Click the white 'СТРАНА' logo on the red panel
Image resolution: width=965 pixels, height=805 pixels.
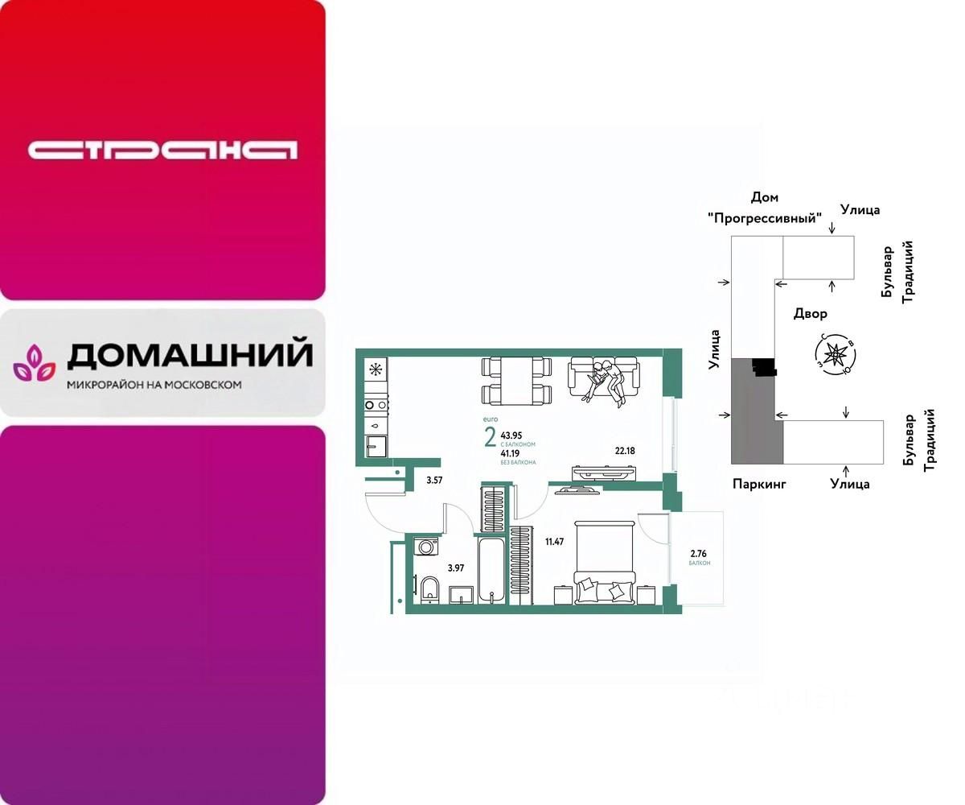162,151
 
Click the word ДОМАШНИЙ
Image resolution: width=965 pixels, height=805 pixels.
190,355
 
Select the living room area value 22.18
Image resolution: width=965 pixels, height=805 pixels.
624,451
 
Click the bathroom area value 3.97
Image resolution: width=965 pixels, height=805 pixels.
456,568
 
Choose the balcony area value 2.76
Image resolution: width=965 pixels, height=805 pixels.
697,553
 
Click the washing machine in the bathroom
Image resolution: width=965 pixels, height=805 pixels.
426,547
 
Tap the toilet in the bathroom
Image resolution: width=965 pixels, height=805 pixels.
429,588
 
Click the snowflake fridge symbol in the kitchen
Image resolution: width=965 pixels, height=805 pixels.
375,369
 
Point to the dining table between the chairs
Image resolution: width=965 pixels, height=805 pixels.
517,382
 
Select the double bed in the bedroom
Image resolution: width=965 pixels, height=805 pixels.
604,561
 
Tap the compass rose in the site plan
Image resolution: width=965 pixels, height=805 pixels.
837,353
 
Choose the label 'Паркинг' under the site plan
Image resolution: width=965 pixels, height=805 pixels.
758,484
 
